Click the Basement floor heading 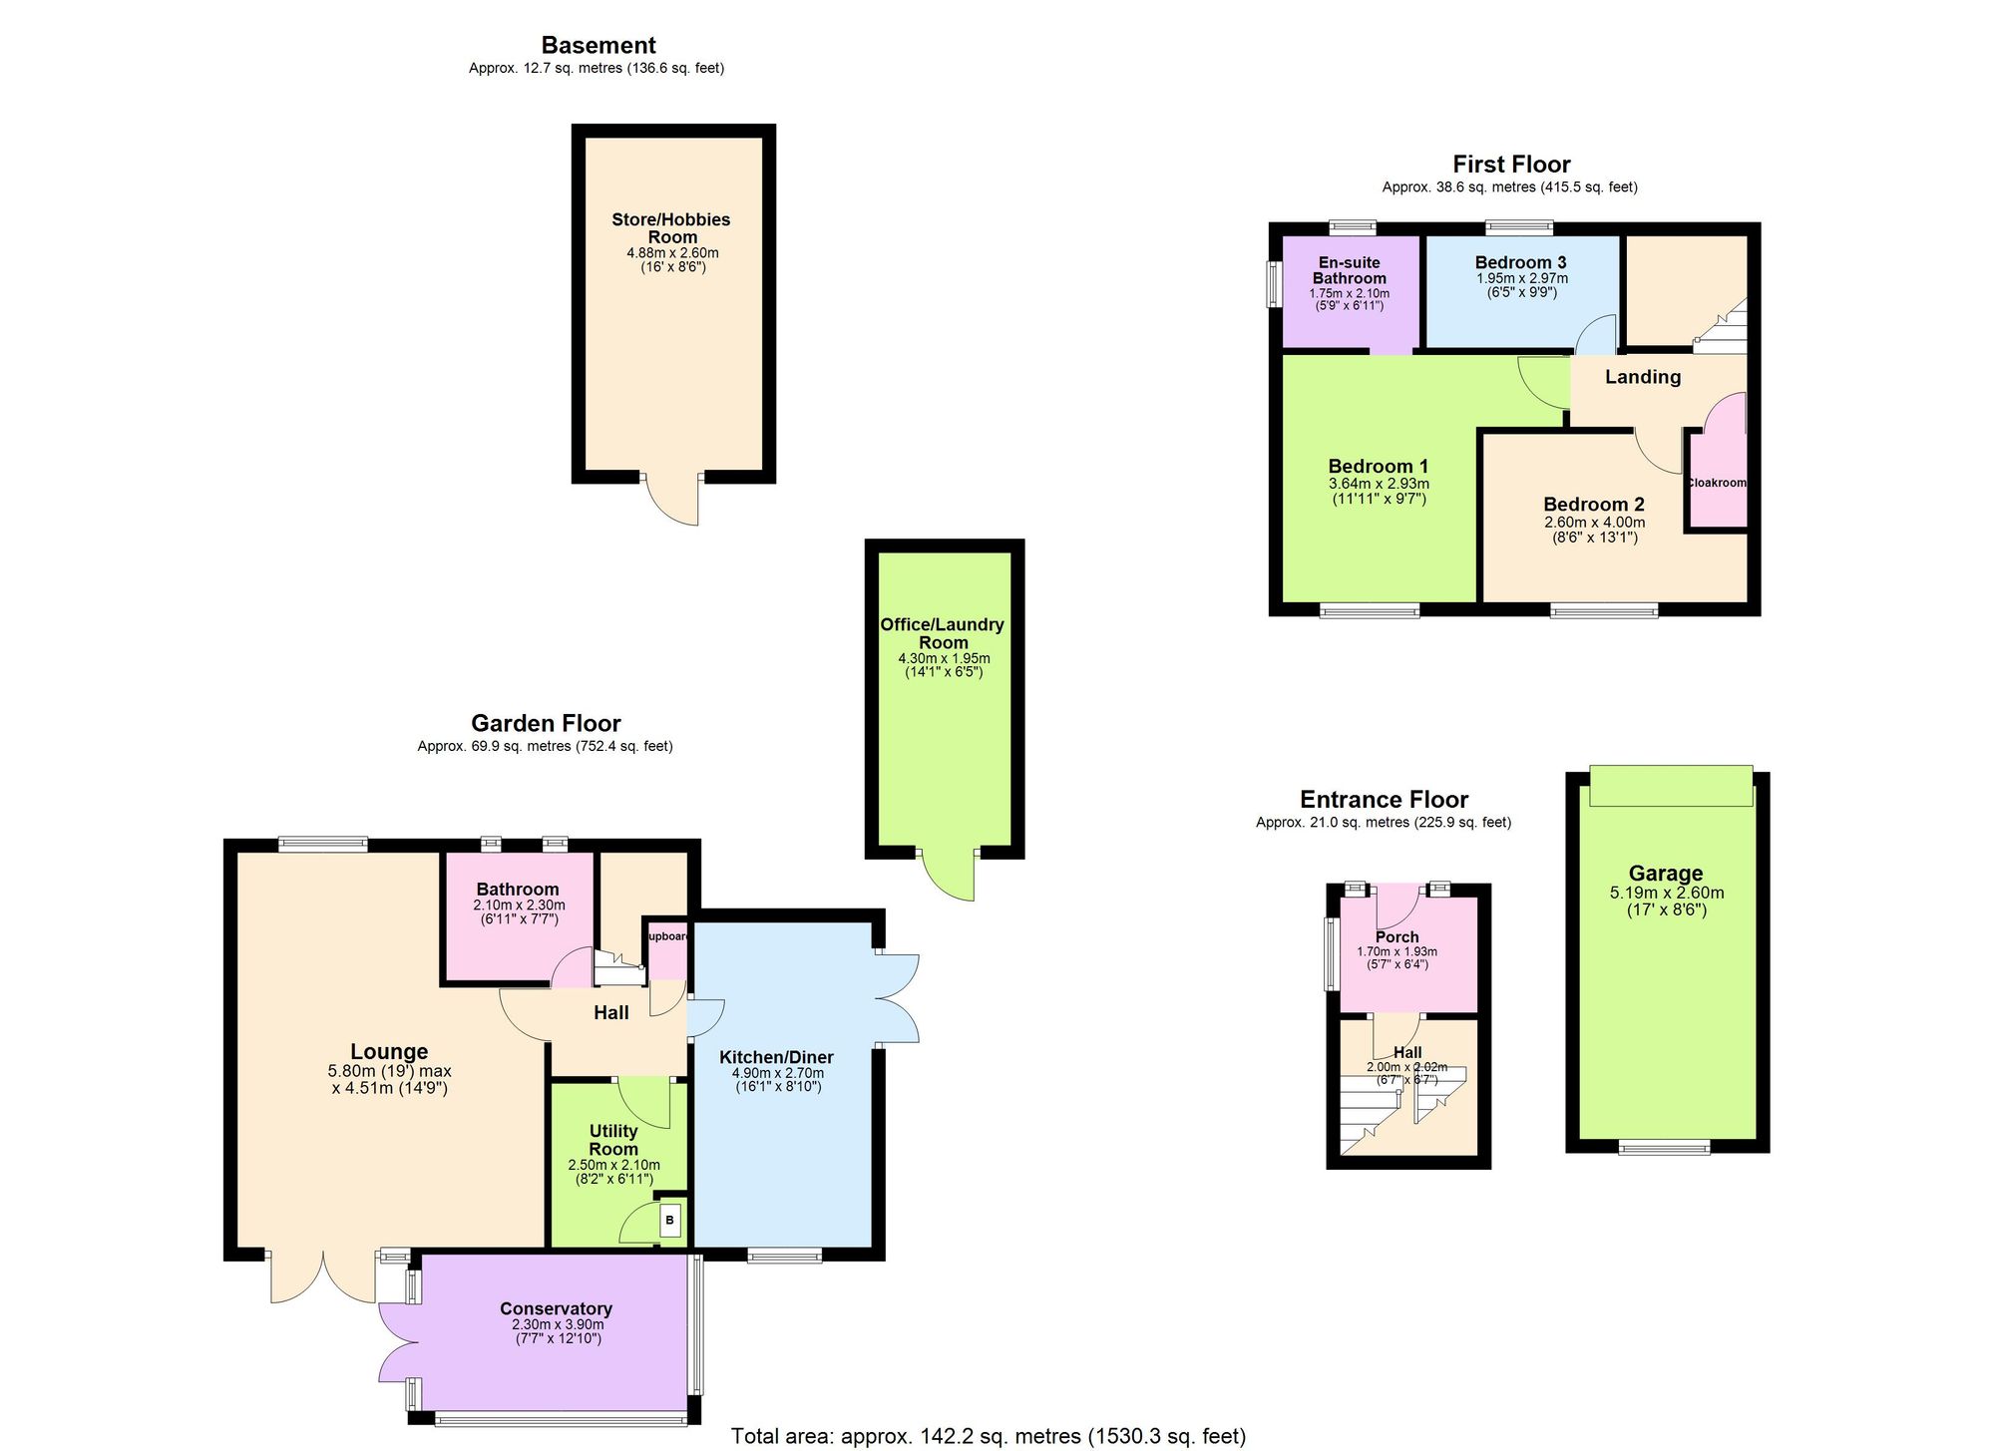click(598, 45)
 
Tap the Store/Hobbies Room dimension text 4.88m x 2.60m click(672, 253)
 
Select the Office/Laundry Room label click(943, 633)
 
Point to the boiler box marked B click(669, 1220)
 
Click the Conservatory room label click(556, 1308)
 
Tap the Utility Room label click(613, 1140)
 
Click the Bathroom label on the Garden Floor click(518, 889)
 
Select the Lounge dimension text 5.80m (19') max click(389, 1071)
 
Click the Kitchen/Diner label click(776, 1057)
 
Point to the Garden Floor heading click(546, 723)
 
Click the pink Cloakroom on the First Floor click(1717, 483)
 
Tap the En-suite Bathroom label click(1349, 270)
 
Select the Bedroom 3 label click(1520, 262)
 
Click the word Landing click(1643, 377)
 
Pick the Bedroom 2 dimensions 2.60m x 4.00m click(1594, 523)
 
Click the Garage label click(1666, 874)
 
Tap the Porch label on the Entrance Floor click(1396, 936)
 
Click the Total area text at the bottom click(988, 1436)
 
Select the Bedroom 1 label click(1379, 466)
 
